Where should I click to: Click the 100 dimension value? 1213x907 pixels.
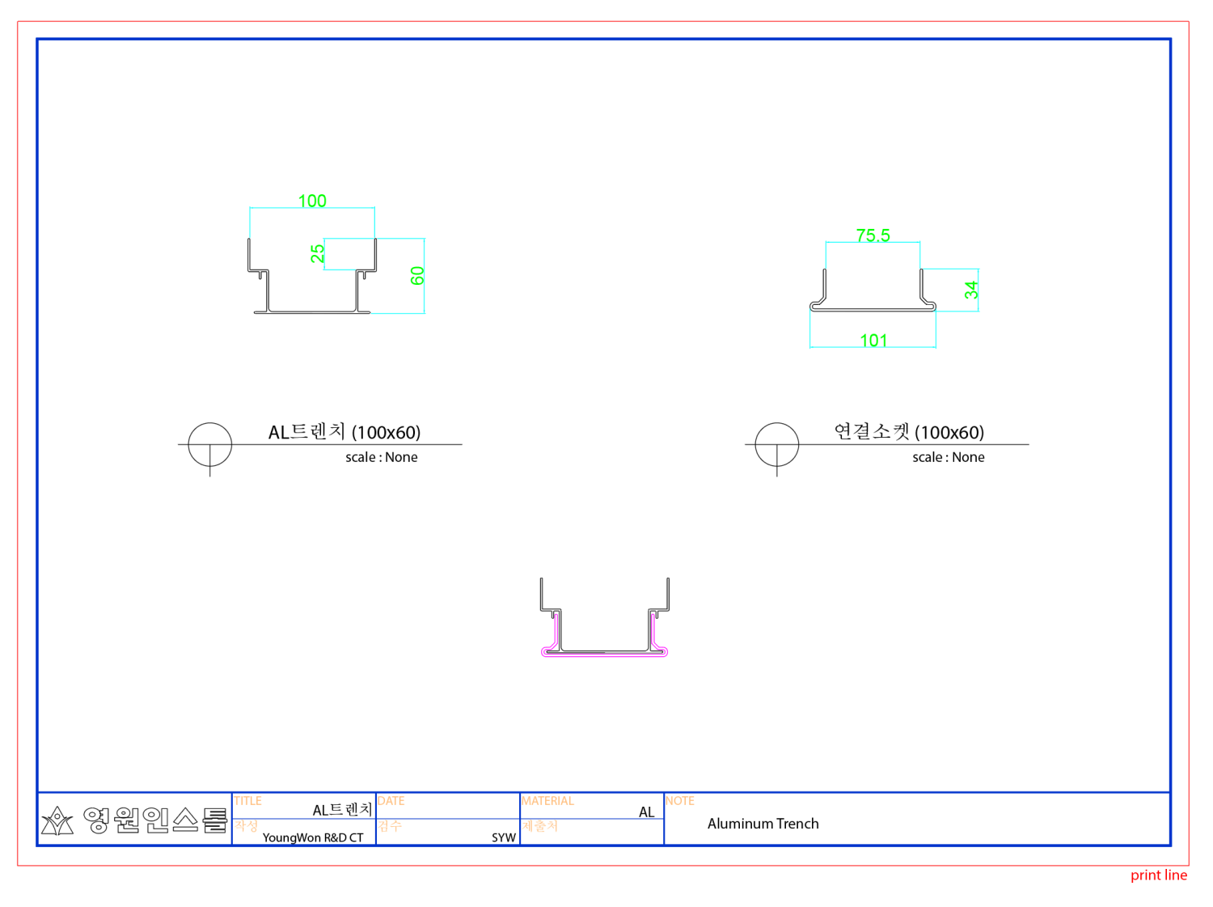pyautogui.click(x=312, y=201)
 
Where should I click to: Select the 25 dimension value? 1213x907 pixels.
pyautogui.click(x=318, y=253)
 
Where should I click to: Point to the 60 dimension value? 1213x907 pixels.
pyautogui.click(x=417, y=276)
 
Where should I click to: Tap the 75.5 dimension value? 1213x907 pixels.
pyautogui.click(x=873, y=235)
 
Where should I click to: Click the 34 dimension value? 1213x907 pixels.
pyautogui.click(x=971, y=290)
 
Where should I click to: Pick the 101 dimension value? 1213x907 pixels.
pyautogui.click(x=873, y=341)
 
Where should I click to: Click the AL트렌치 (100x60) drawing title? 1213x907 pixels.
pyautogui.click(x=344, y=432)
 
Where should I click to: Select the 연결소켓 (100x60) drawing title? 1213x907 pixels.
pyautogui.click(x=909, y=432)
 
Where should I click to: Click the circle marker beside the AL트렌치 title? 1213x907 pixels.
pyautogui.click(x=210, y=444)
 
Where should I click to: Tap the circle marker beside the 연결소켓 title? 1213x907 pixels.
pyautogui.click(x=777, y=444)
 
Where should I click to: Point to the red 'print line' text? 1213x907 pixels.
pyautogui.click(x=1158, y=875)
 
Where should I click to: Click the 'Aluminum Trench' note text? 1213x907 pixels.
pyautogui.click(x=763, y=824)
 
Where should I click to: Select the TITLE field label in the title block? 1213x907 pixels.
pyautogui.click(x=248, y=801)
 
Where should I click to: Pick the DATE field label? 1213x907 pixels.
pyautogui.click(x=391, y=801)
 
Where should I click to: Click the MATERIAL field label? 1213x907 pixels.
pyautogui.click(x=547, y=801)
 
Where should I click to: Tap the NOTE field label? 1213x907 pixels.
pyautogui.click(x=680, y=801)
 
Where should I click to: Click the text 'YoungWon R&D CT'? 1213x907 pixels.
pyautogui.click(x=313, y=837)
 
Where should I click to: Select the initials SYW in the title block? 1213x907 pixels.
pyautogui.click(x=503, y=837)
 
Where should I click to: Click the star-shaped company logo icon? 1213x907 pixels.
pyautogui.click(x=57, y=821)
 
